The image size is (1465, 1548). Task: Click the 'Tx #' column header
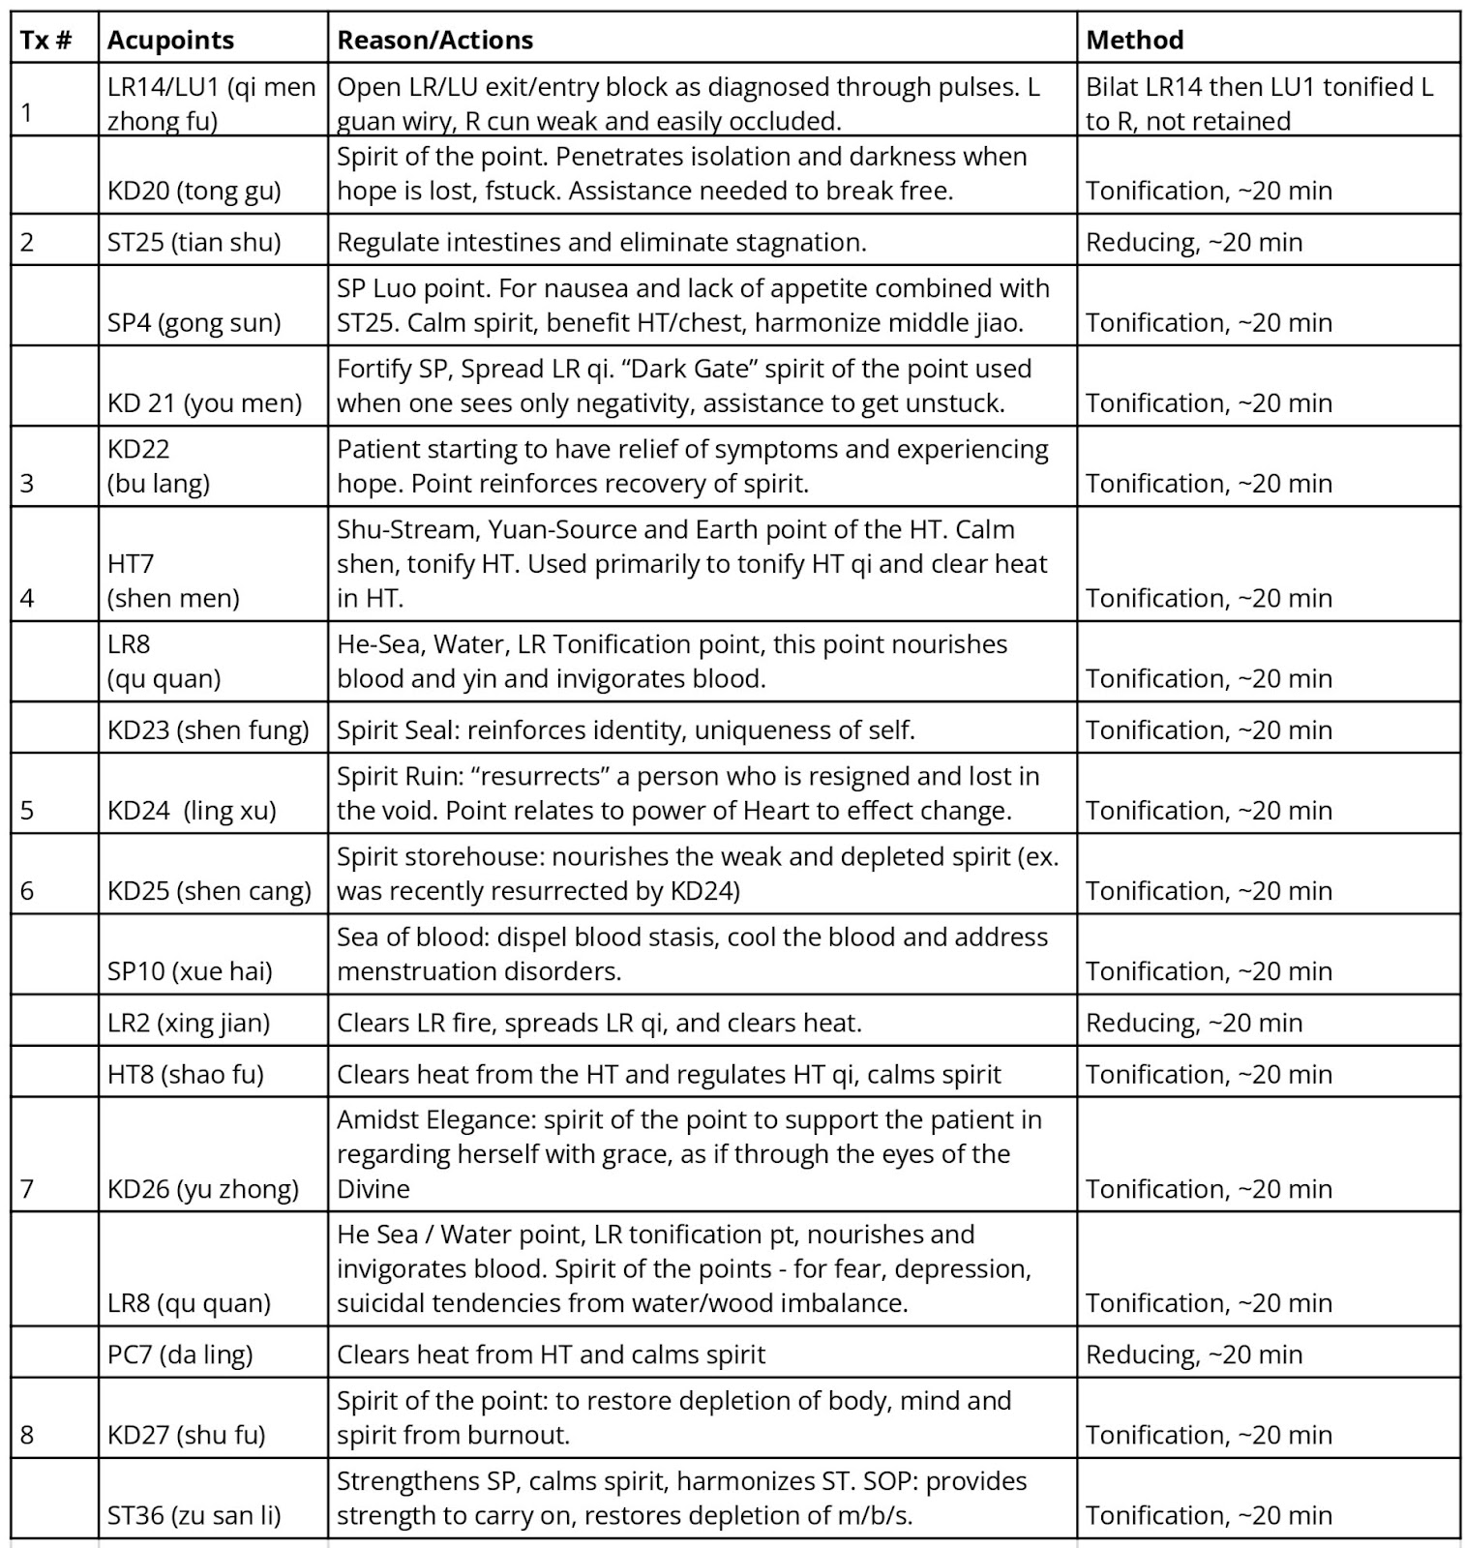tap(46, 40)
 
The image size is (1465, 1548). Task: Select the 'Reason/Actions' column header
tap(434, 40)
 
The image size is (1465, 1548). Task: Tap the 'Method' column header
tap(1134, 40)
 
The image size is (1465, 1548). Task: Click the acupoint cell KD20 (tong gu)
tap(194, 191)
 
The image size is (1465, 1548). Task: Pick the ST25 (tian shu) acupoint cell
tap(194, 242)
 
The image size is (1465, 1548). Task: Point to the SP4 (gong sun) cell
tap(194, 322)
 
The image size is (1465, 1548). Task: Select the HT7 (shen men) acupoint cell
tap(173, 580)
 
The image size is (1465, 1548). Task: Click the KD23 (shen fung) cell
tap(208, 729)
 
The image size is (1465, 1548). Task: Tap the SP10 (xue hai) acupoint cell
tap(190, 970)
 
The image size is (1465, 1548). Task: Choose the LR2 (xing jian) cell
tap(189, 1023)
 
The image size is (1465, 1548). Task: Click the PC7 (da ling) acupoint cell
tap(180, 1354)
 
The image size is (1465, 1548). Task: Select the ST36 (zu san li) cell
tap(194, 1515)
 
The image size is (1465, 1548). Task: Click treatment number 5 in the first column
tap(27, 810)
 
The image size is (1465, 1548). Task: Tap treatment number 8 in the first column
tap(27, 1435)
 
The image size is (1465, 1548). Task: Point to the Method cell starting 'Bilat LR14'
tap(1259, 104)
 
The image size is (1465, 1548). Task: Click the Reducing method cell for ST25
tap(1194, 242)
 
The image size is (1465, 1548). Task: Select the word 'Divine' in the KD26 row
tap(374, 1189)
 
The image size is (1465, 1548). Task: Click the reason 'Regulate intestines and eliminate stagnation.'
tap(601, 242)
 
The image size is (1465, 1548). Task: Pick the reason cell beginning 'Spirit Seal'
tap(625, 729)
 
